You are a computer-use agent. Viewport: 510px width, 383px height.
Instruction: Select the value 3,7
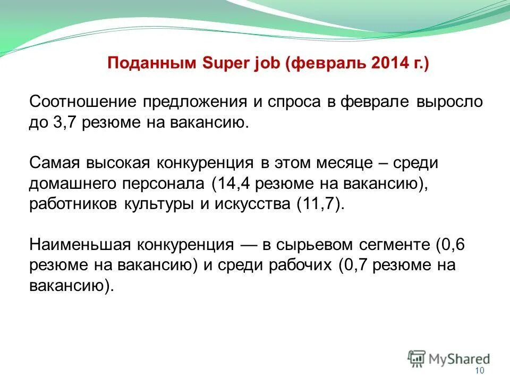[63, 123]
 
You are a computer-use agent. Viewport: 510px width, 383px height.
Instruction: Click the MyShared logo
[449, 358]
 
